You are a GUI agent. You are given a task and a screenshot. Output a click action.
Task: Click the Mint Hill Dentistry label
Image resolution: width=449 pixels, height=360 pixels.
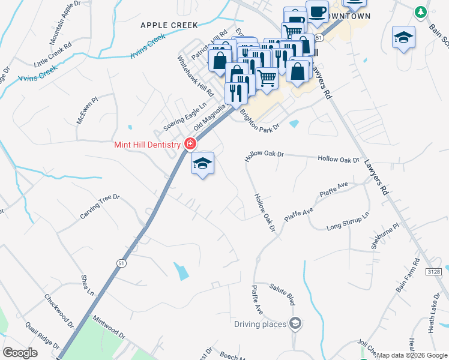(x=147, y=145)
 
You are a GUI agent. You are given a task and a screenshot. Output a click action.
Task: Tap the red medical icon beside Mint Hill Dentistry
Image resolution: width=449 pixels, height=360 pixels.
(x=190, y=144)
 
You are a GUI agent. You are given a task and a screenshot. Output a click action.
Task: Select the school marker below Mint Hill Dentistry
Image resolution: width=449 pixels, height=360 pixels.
(x=202, y=164)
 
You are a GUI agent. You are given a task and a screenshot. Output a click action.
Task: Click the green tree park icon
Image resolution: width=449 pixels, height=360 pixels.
(x=421, y=11)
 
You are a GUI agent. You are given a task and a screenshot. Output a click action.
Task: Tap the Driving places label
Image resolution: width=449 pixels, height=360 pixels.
(x=260, y=325)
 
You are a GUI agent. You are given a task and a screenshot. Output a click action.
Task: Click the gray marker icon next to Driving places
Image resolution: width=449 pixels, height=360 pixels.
(x=295, y=325)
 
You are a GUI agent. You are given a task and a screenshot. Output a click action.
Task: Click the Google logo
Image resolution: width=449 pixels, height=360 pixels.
(x=20, y=353)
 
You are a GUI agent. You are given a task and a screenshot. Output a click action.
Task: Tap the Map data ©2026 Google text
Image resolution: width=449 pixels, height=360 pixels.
(x=412, y=355)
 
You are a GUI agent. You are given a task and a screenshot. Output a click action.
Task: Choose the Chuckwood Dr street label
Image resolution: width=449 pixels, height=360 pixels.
(x=58, y=310)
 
